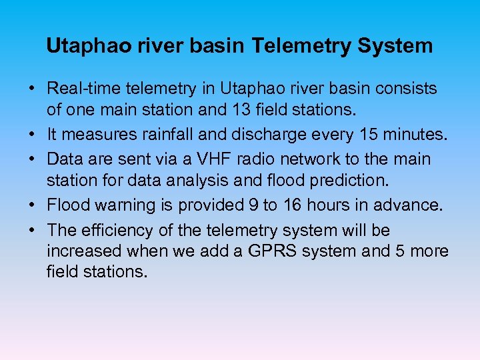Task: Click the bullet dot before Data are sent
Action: pyautogui.click(x=31, y=160)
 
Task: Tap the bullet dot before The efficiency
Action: pyautogui.click(x=31, y=231)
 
